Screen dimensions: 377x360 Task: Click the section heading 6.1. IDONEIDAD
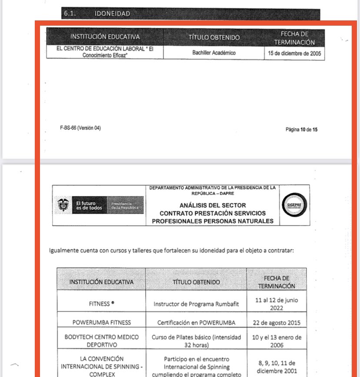coord(97,14)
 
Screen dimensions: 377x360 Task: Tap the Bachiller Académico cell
coord(214,53)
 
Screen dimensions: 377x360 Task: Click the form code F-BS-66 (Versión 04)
coord(80,128)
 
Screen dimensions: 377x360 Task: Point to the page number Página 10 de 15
coord(301,129)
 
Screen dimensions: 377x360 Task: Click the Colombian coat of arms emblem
coord(63,205)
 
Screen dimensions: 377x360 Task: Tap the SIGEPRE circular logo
coord(294,205)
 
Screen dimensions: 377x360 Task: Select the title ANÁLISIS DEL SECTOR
coord(213,205)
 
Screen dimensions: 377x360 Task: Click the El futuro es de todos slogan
coord(89,205)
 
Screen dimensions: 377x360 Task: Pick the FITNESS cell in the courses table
coord(100,304)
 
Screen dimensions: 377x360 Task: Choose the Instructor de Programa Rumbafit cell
coord(196,304)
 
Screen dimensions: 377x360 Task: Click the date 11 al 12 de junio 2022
coord(276,304)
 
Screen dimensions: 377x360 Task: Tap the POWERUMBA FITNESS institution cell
coord(101,323)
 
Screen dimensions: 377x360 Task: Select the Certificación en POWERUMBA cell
coord(196,323)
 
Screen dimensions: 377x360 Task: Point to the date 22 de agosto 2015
coord(276,323)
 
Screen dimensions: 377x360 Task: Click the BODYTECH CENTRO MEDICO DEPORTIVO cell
coord(101,341)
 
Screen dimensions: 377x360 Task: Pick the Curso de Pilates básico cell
coord(196,341)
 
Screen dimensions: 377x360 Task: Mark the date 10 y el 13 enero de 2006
coord(276,341)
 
